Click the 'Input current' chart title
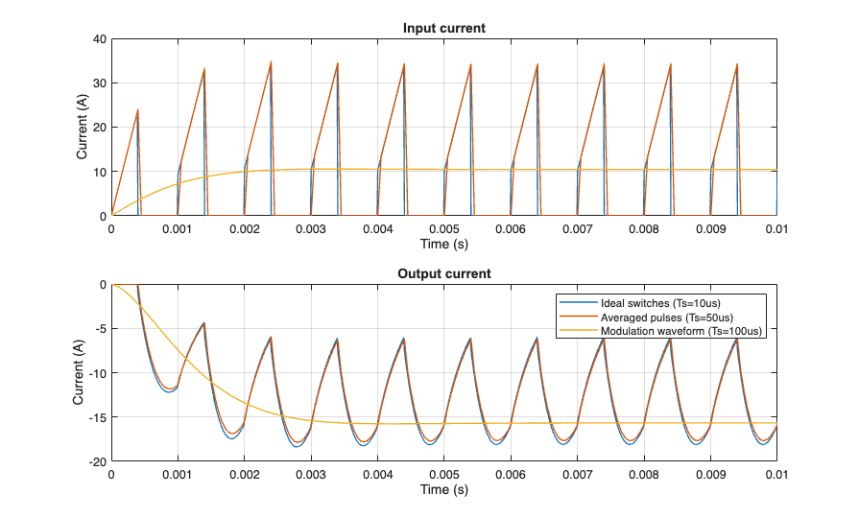[443, 28]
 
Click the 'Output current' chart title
[443, 273]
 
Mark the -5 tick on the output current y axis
[99, 329]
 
